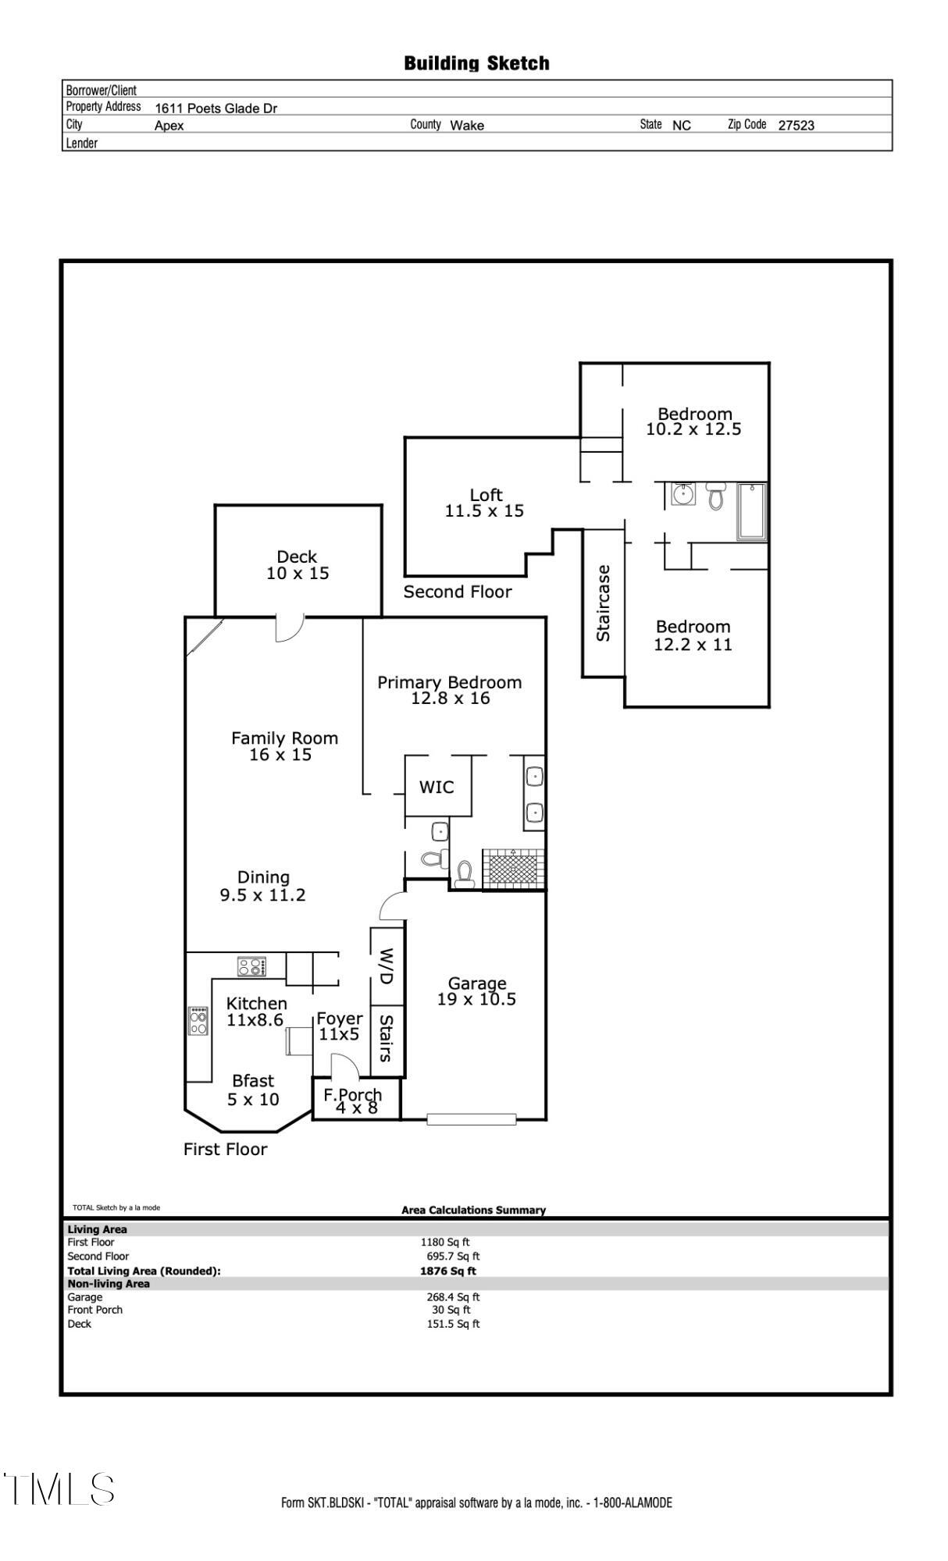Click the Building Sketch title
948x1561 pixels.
pyautogui.click(x=476, y=63)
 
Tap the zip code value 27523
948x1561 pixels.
pyautogui.click(x=796, y=125)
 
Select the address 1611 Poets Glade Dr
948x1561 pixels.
pyautogui.click(x=216, y=108)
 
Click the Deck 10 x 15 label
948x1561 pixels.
pyautogui.click(x=298, y=565)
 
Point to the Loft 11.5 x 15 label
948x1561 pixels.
pyautogui.click(x=485, y=503)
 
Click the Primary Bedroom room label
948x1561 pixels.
pyautogui.click(x=450, y=690)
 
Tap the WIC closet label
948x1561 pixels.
pyautogui.click(x=437, y=787)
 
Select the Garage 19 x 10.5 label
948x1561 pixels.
pyautogui.click(x=476, y=991)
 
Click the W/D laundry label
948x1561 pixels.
pyautogui.click(x=387, y=965)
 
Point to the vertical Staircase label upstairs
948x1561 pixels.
pyautogui.click(x=603, y=603)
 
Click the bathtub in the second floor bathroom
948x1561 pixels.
pyautogui.click(x=752, y=511)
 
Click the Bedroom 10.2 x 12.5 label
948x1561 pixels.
pyautogui.click(x=693, y=421)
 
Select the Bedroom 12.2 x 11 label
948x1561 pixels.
pyautogui.click(x=693, y=635)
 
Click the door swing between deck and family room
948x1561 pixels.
pyautogui.click(x=289, y=628)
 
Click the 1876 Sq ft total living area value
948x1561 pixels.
pyautogui.click(x=447, y=1271)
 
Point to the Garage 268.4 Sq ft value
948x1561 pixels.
pyautogui.click(x=453, y=1297)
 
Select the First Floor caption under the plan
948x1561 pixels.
pyautogui.click(x=225, y=1149)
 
